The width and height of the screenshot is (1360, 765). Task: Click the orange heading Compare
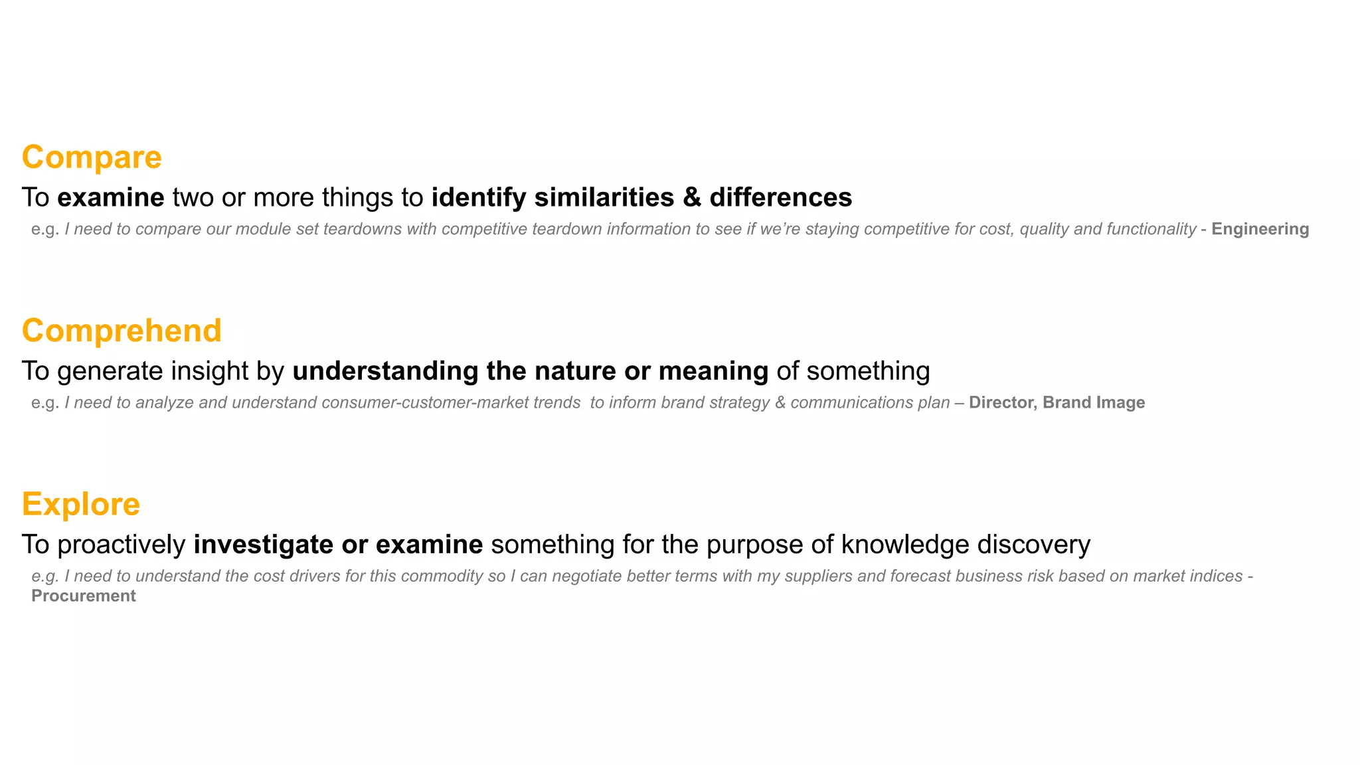tap(92, 157)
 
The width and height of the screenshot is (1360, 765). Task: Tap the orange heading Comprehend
tap(122, 331)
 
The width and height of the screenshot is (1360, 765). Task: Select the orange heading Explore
tap(81, 504)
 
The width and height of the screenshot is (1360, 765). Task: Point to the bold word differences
tap(781, 197)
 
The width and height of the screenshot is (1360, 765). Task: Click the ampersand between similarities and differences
tap(692, 197)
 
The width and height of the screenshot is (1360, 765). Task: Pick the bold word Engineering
tap(1260, 229)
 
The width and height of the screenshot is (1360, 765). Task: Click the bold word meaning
tap(713, 371)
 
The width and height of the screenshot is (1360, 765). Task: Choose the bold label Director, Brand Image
tap(1057, 402)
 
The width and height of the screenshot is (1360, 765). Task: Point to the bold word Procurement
tap(84, 596)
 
